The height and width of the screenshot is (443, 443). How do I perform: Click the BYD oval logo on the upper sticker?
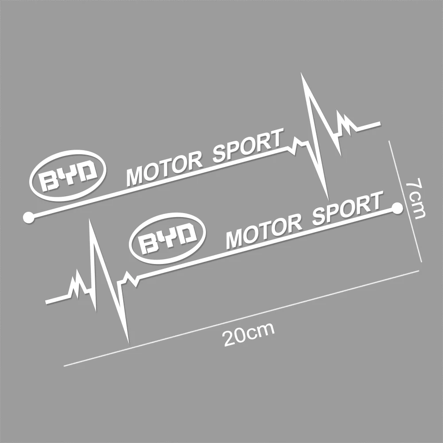(69, 177)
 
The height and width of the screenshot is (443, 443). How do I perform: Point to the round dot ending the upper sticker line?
(29, 217)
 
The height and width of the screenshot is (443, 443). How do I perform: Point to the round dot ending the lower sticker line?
(397, 207)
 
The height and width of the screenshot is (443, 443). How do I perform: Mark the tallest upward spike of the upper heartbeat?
(303, 75)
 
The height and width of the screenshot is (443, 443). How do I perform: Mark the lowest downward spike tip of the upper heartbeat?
(327, 198)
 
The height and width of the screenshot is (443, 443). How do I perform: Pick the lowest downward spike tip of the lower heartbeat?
(128, 342)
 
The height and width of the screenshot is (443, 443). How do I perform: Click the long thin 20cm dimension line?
(241, 319)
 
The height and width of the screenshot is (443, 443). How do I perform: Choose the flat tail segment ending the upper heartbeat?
(369, 125)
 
